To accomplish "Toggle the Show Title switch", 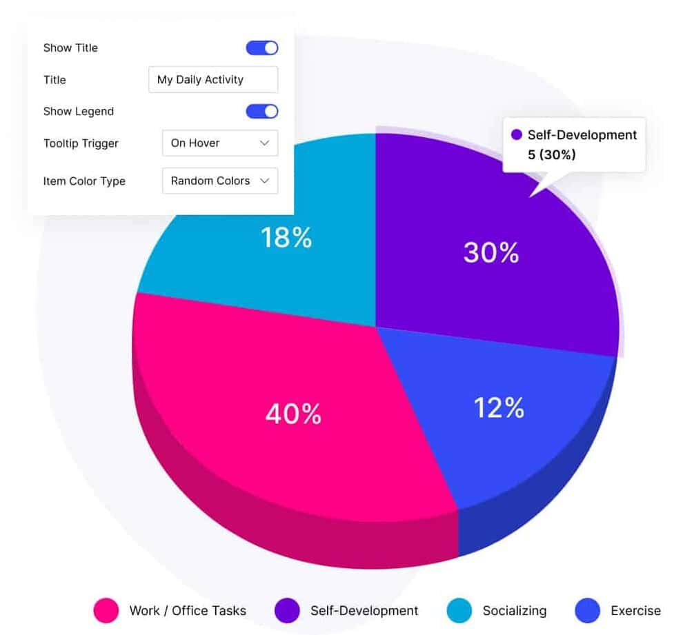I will (x=262, y=48).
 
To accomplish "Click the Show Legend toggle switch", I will (x=262, y=111).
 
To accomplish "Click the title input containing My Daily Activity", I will (x=213, y=79).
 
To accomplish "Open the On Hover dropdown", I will (x=220, y=143).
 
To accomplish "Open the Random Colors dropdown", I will (x=220, y=181).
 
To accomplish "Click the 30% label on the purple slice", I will (x=490, y=252).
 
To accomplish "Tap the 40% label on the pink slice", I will (x=293, y=414).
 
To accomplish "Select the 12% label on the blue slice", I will (x=499, y=407).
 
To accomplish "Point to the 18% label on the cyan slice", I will (x=286, y=237).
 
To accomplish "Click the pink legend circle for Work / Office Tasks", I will (x=106, y=610).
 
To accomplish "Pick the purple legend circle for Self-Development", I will (x=287, y=610).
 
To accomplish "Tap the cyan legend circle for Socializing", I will (x=459, y=610).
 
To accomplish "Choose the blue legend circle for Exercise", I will (x=587, y=610).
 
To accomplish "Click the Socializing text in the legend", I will (x=514, y=610).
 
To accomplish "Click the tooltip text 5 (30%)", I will (x=551, y=154).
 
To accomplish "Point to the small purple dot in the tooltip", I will (x=516, y=135).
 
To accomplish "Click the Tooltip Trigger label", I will (x=81, y=143).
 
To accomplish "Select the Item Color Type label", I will (x=84, y=181).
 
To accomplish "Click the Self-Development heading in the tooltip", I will (x=582, y=135).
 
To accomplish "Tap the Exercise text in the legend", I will (x=635, y=610).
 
